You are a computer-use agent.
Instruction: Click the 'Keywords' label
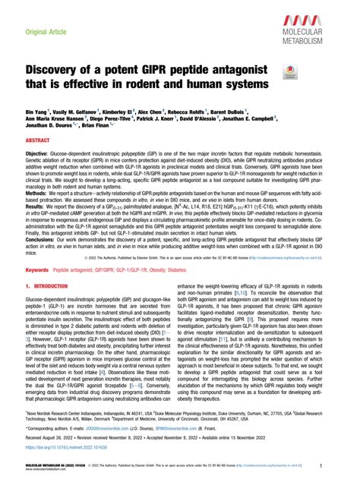point(39,291)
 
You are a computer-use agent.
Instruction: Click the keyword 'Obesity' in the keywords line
point(144,291)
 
